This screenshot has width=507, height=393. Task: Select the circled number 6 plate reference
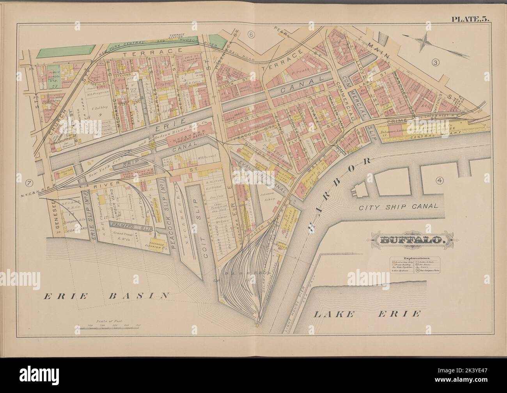click(x=252, y=35)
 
